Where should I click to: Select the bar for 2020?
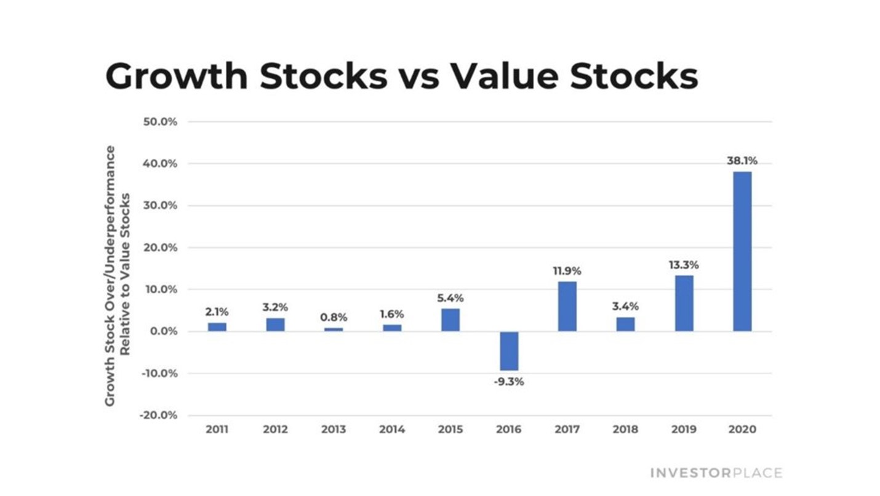click(742, 251)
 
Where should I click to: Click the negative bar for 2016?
click(509, 351)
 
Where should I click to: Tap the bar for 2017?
click(567, 306)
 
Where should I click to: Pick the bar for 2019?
click(684, 303)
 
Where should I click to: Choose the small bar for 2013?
click(334, 330)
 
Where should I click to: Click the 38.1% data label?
click(742, 161)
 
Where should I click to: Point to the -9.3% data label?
click(509, 382)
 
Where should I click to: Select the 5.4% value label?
click(450, 298)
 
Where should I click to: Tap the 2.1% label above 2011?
click(217, 312)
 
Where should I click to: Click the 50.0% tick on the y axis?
click(160, 122)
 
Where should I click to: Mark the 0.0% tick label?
click(162, 331)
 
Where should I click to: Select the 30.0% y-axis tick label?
click(160, 206)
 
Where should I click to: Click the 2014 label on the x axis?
click(392, 429)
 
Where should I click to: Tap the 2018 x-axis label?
click(625, 429)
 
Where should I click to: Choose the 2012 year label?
click(275, 429)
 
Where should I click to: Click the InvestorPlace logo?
click(716, 473)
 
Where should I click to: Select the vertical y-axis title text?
click(118, 275)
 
